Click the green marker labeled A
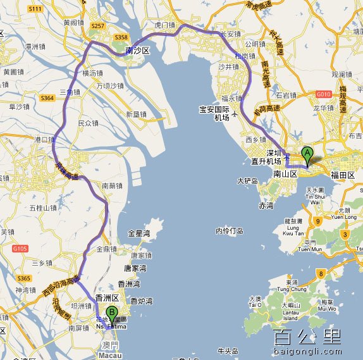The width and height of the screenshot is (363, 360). (307, 154)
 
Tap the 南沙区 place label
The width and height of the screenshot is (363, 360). (137, 51)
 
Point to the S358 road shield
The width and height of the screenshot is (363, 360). (121, 38)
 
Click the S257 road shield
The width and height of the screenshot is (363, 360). (97, 26)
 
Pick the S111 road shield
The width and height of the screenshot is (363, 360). (35, 9)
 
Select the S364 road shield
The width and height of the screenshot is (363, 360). (47, 98)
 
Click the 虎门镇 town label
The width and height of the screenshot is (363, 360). (164, 25)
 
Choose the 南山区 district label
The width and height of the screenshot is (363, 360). (285, 173)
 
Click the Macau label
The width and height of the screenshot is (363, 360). (110, 355)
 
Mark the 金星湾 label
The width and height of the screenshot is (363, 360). (138, 233)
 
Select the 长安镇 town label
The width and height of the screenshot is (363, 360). (230, 34)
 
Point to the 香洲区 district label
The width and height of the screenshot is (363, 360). (106, 297)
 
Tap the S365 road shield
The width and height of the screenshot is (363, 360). (24, 278)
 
